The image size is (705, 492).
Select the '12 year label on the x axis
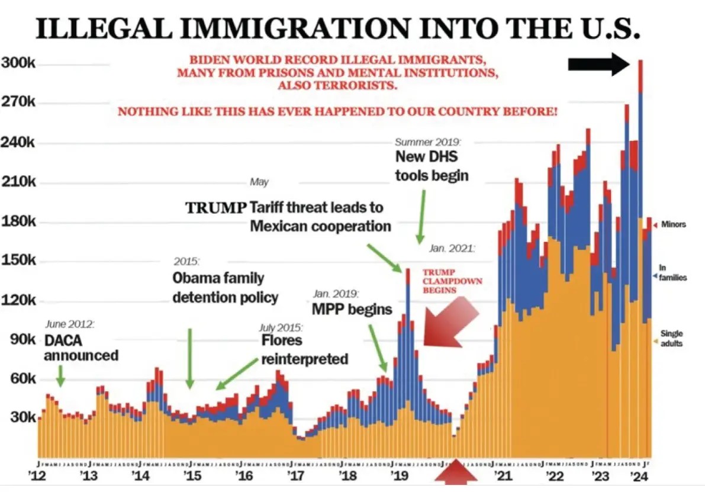tap(38, 475)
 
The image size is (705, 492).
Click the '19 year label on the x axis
tap(396, 475)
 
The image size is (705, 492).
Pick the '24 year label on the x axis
tap(638, 475)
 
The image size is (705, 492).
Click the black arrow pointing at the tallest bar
tap(598, 64)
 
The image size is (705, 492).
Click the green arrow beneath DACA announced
tap(60, 376)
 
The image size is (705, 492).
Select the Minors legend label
tap(672, 224)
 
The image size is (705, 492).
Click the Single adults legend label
tap(671, 338)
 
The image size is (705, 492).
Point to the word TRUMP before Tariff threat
tap(215, 208)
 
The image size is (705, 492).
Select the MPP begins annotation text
tap(352, 309)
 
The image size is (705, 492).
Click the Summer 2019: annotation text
tap(427, 142)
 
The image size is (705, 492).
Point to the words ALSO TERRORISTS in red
tap(337, 86)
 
